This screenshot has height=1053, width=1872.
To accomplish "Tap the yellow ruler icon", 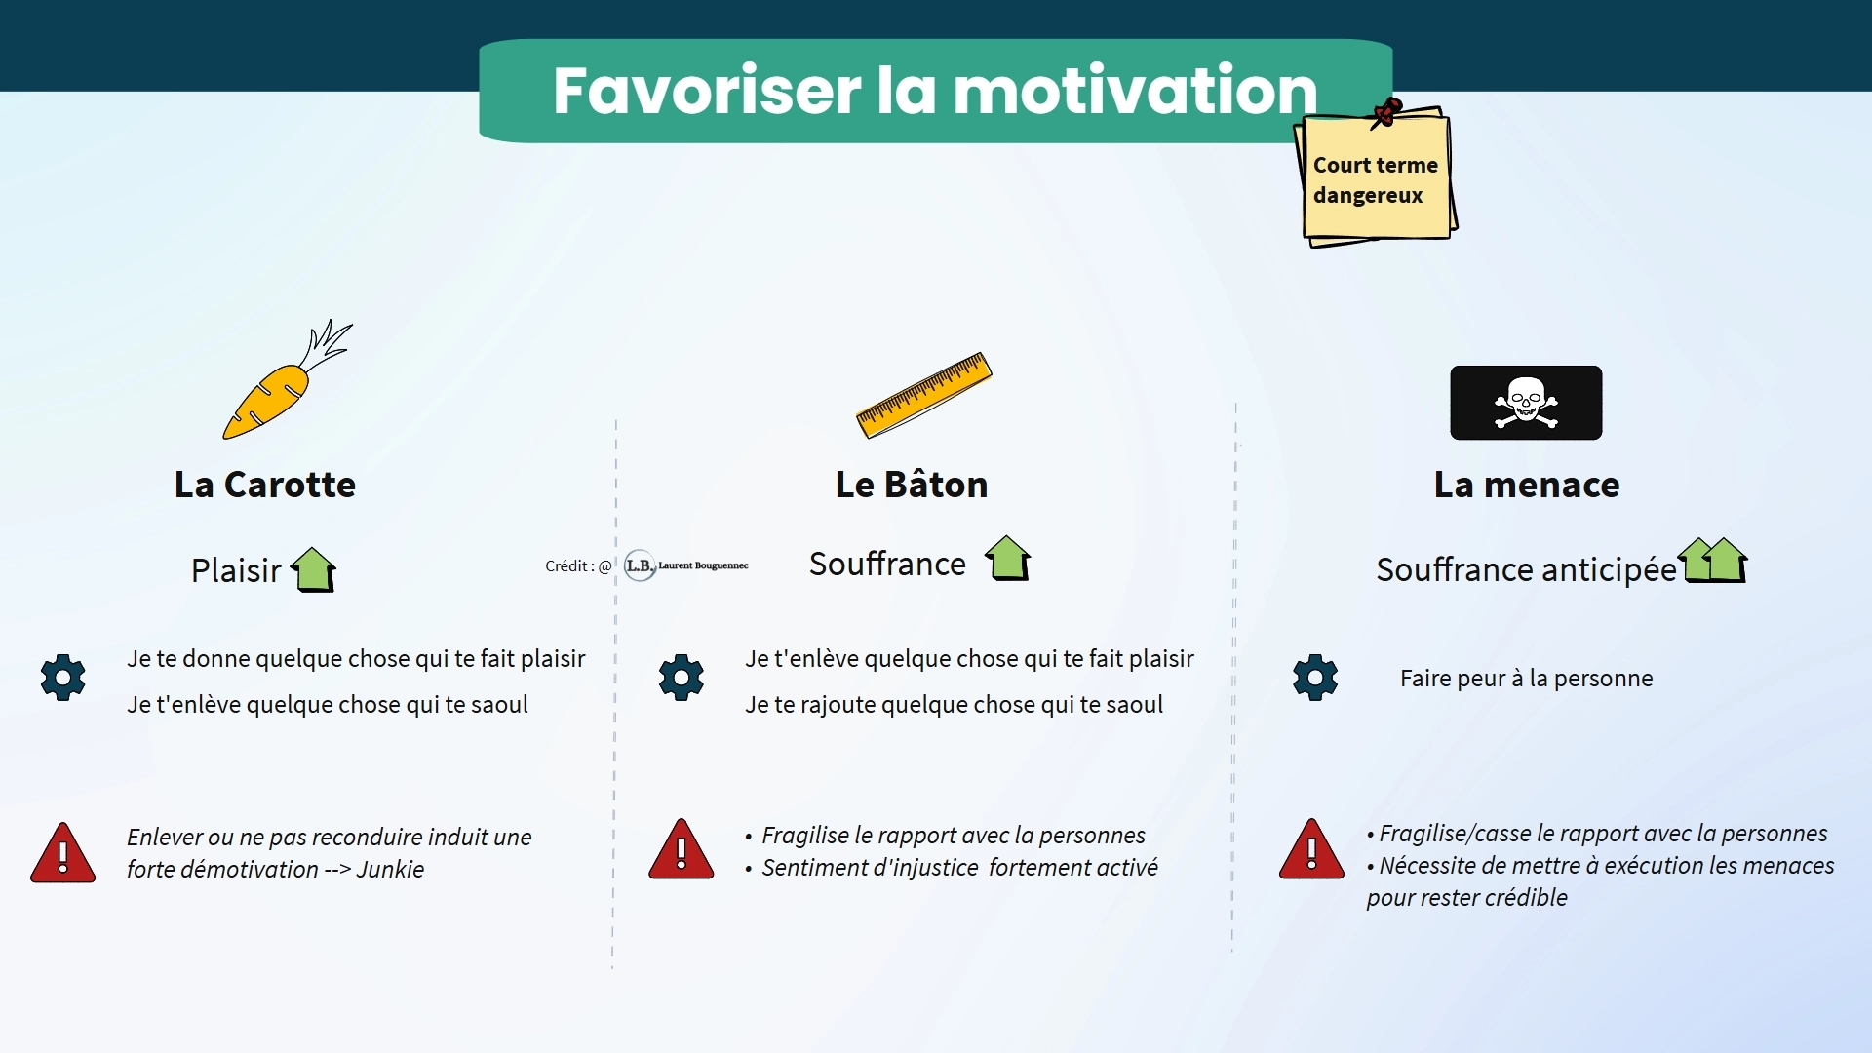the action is click(923, 395).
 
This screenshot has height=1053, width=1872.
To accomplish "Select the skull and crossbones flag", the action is click(1526, 403).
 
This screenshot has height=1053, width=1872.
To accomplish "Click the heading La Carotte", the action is click(265, 485).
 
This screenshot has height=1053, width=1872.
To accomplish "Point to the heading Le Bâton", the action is click(912, 485).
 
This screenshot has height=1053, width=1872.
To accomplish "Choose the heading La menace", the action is click(1527, 485).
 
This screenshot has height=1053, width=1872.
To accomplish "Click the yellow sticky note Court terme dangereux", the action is click(1376, 177).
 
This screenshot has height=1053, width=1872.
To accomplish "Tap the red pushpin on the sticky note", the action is click(1386, 112).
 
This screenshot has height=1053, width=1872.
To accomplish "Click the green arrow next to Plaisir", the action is click(313, 569).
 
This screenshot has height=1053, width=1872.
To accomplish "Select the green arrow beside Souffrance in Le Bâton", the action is click(1008, 559).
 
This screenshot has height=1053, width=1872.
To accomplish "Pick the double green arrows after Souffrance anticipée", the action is click(1713, 561).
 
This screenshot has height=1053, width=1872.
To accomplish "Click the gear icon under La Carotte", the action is click(63, 678).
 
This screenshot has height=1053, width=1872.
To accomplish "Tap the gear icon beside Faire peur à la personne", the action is click(1315, 678).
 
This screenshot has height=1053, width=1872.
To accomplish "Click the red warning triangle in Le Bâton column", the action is click(682, 850).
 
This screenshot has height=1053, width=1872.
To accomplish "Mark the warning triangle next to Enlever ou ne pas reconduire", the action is click(63, 854).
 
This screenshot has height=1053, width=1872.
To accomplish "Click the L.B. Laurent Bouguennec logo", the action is click(686, 565).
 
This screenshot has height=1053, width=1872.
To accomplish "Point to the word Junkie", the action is click(390, 870).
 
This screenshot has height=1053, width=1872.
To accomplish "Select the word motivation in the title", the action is click(1135, 90).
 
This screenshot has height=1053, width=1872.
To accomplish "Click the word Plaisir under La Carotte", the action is click(236, 570).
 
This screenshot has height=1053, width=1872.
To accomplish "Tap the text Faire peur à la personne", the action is click(1527, 679).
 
